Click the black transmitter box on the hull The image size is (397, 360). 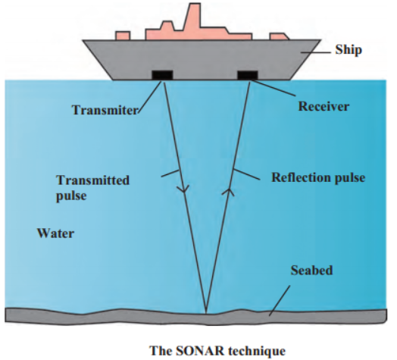click(x=162, y=75)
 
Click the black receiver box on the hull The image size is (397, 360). click(x=247, y=75)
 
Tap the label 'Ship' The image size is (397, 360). click(x=349, y=50)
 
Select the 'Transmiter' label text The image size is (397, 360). click(x=105, y=110)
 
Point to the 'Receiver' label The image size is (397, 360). click(x=324, y=106)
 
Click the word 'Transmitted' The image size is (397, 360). click(x=92, y=180)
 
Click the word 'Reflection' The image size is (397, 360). click(x=300, y=177)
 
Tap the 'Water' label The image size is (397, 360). click(x=56, y=233)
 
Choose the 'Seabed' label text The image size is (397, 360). click(x=311, y=270)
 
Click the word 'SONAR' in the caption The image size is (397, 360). click(x=200, y=351)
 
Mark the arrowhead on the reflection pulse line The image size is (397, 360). click(x=228, y=192)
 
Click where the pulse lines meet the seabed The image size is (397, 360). click(x=206, y=312)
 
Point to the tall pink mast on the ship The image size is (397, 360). click(x=193, y=17)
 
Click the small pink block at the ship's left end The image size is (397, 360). click(x=123, y=36)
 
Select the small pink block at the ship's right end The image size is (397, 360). click(x=279, y=36)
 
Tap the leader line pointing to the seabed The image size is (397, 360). click(x=280, y=300)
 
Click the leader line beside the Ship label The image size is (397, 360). click(x=316, y=52)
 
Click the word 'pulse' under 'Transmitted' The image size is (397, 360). click(x=71, y=196)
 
